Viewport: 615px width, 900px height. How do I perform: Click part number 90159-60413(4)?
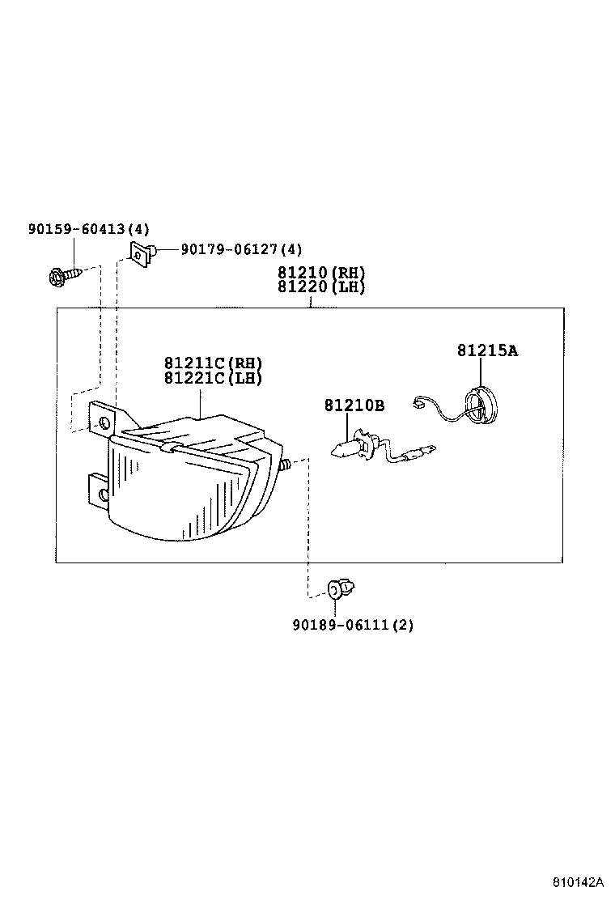(x=89, y=230)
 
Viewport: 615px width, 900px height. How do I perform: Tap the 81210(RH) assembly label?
(x=321, y=273)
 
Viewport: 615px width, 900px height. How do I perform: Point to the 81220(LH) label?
(x=321, y=287)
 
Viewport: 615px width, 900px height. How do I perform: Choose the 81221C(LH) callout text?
(x=213, y=377)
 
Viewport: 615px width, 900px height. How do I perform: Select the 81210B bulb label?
(x=354, y=405)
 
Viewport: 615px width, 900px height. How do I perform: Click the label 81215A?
(x=487, y=350)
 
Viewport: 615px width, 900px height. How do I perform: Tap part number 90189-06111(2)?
(x=353, y=625)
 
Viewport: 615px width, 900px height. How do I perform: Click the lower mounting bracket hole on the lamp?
(x=102, y=495)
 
